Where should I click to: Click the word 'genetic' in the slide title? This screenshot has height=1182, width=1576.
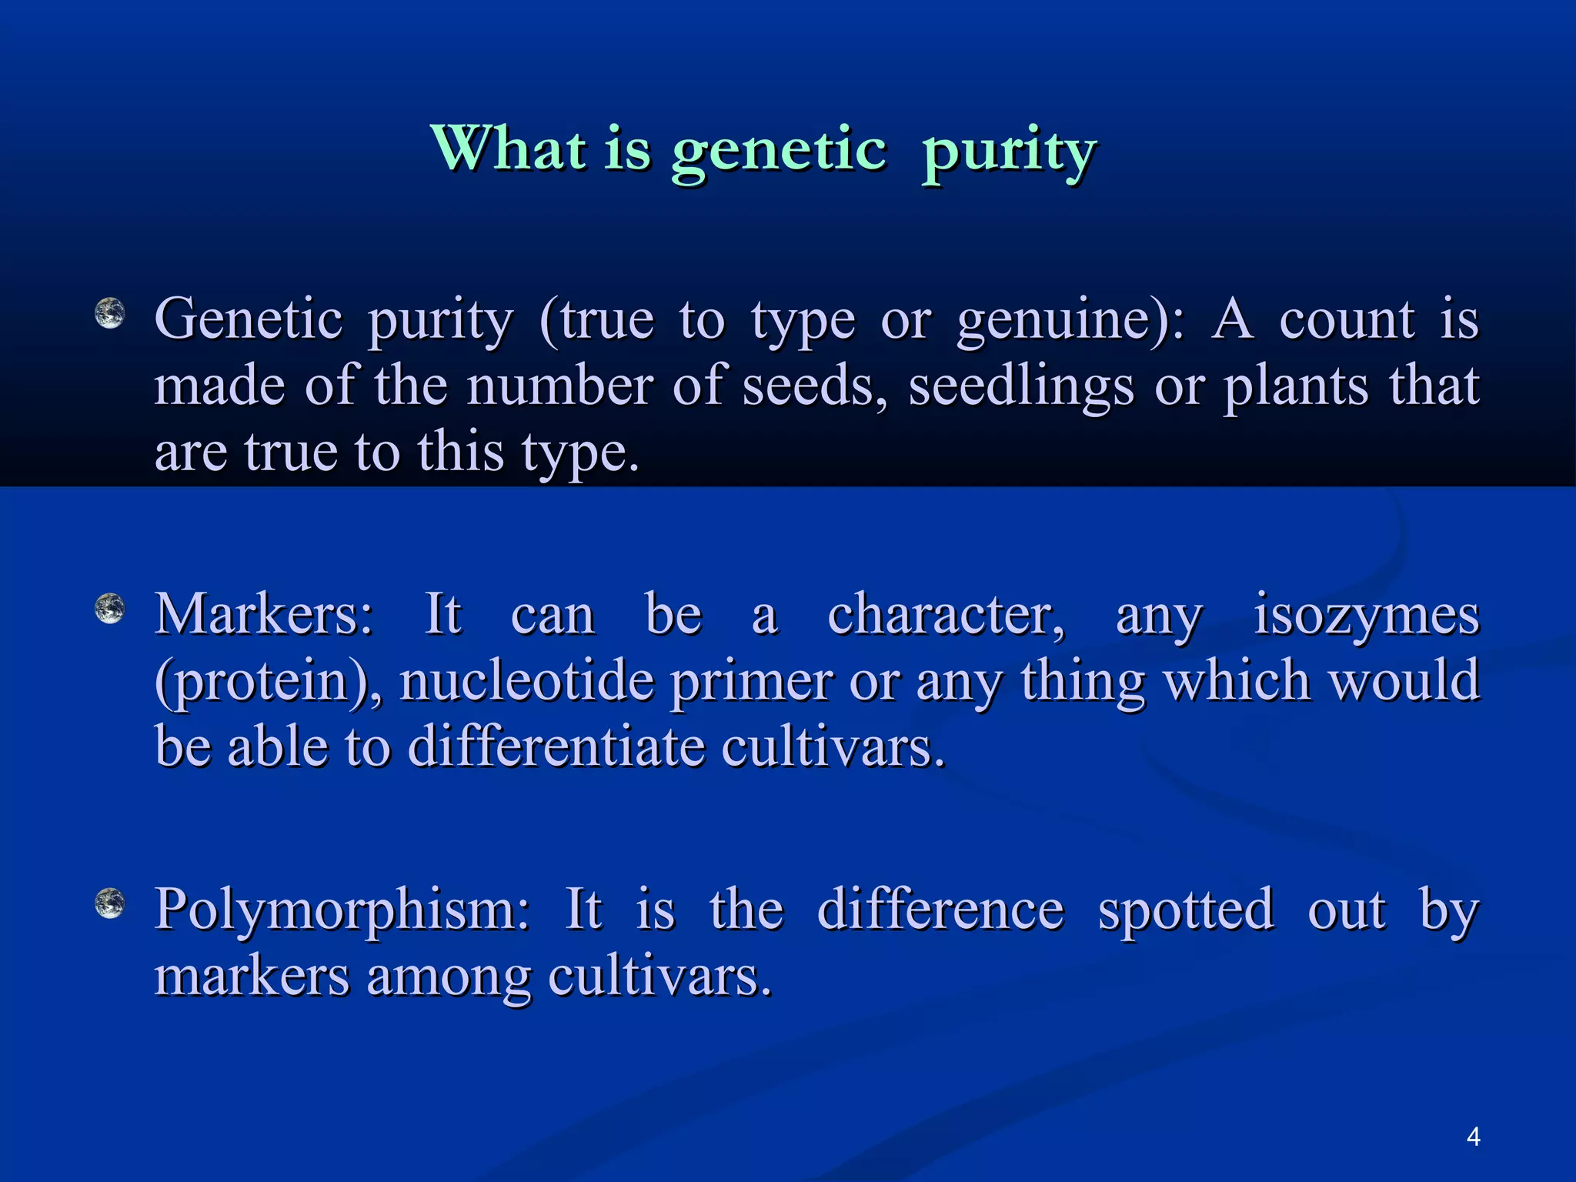pyautogui.click(x=778, y=150)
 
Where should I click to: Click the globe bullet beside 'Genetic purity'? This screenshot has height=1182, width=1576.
pyautogui.click(x=109, y=314)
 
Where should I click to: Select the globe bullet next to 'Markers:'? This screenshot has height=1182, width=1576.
pyautogui.click(x=109, y=609)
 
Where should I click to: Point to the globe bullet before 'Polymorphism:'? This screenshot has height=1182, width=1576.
pyautogui.click(x=109, y=903)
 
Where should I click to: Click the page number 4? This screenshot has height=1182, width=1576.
pyautogui.click(x=1473, y=1137)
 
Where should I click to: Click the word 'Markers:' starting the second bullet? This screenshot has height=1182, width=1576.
pyautogui.click(x=264, y=616)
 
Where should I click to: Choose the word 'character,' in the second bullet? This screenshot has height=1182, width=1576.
pyautogui.click(x=947, y=616)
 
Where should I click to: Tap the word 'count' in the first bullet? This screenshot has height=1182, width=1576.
pyautogui.click(x=1346, y=320)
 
